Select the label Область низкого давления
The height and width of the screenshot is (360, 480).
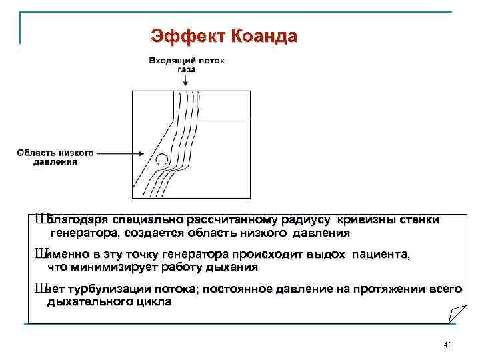[x=55, y=156]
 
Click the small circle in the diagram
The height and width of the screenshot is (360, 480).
[x=161, y=159]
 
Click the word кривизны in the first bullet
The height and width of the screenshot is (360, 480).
[x=367, y=219]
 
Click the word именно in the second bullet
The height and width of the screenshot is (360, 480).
[x=68, y=255]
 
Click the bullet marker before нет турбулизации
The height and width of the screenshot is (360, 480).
[x=41, y=288]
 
